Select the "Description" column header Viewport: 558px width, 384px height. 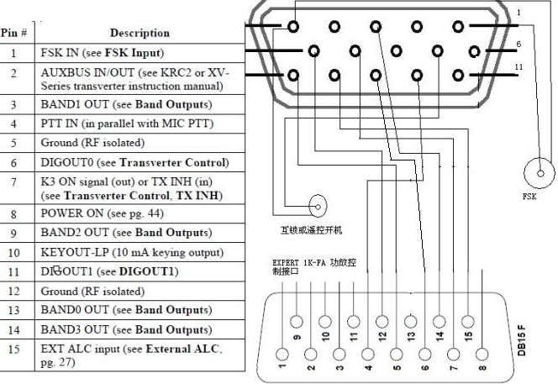[x=139, y=33]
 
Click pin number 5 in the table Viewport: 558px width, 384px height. [x=13, y=143]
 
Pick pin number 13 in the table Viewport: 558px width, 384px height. [x=13, y=309]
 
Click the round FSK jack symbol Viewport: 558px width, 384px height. [x=537, y=176]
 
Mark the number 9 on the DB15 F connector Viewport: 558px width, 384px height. [x=297, y=339]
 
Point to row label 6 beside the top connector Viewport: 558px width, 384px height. [x=521, y=43]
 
